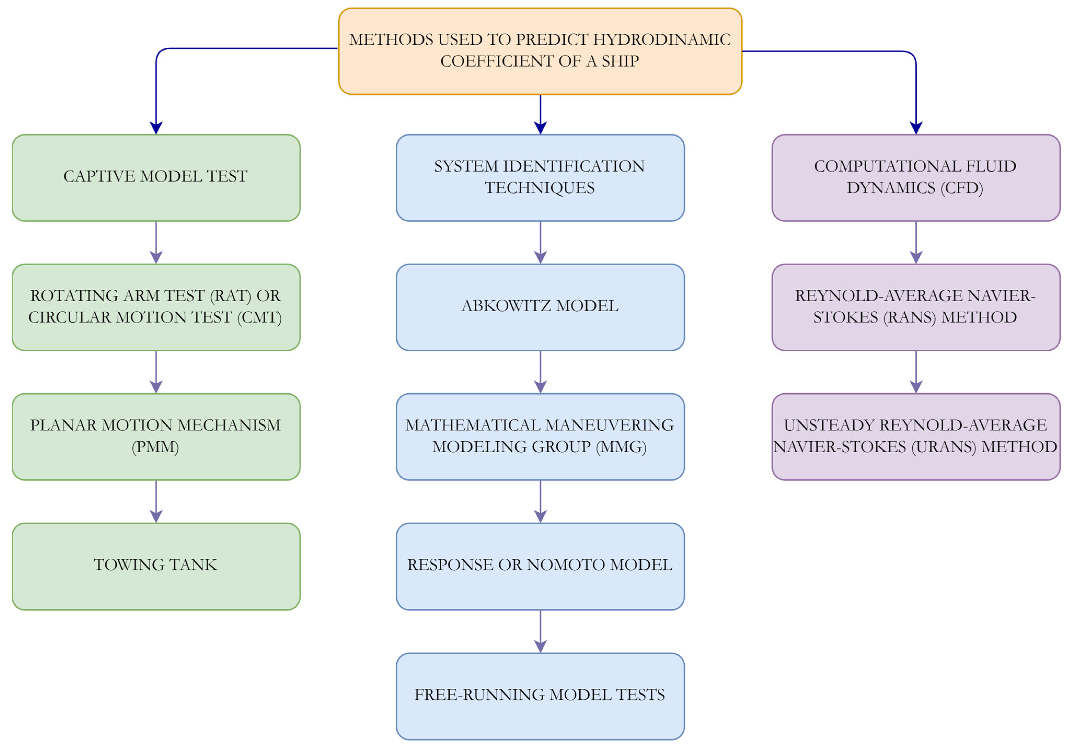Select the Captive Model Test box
click(156, 177)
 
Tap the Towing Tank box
click(156, 566)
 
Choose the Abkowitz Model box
click(540, 307)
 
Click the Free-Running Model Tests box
click(540, 696)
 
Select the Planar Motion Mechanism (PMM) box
click(156, 436)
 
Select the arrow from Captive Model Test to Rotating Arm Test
click(156, 242)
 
